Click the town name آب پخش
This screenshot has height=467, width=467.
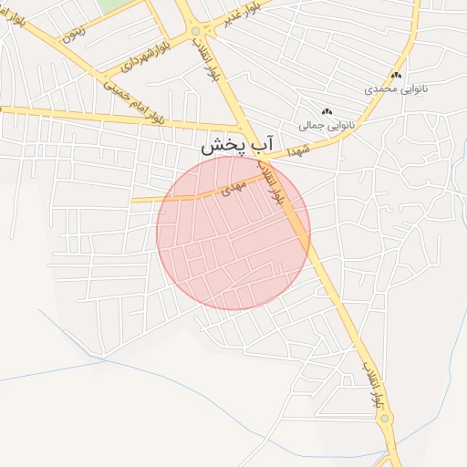click(x=237, y=144)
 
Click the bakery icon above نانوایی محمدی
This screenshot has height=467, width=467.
click(x=396, y=76)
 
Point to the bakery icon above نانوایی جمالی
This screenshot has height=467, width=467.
click(x=327, y=110)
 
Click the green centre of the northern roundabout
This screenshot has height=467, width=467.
click(x=196, y=32)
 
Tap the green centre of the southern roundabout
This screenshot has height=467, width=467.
click(x=385, y=420)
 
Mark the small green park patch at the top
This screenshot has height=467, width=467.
click(x=113, y=5)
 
